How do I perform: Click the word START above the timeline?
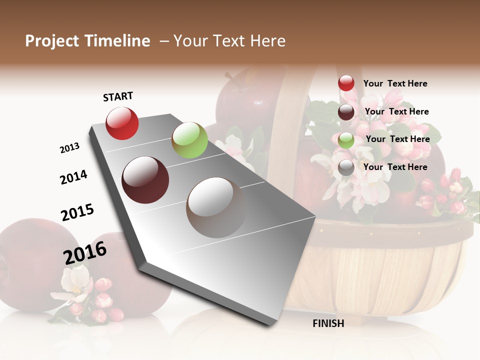coord(118,96)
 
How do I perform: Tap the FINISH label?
coord(328,323)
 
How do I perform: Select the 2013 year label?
coord(69,148)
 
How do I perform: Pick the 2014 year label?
coord(73,177)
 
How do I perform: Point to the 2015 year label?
coord(77,212)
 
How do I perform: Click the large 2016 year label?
coord(85,252)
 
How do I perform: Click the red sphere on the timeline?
coord(122,123)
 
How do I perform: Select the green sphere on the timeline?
coord(189,140)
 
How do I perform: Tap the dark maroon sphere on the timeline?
coord(145,180)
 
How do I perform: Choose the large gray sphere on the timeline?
coord(216,207)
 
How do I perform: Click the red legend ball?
coord(346,83)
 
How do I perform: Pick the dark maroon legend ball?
coord(346,112)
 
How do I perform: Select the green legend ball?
coord(346,140)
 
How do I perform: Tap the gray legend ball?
coord(346,167)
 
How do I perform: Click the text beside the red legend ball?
coord(395,84)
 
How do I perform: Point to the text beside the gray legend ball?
coord(395,167)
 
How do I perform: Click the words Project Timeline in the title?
coord(87,41)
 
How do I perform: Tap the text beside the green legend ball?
coord(397,139)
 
